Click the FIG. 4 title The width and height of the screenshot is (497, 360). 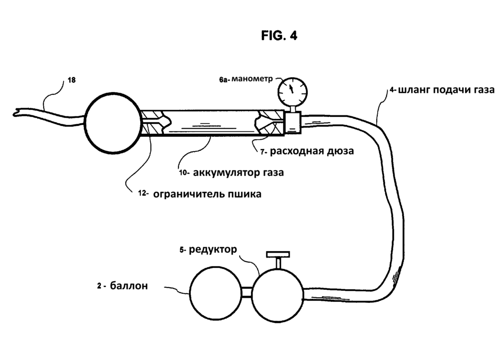pyautogui.click(x=279, y=36)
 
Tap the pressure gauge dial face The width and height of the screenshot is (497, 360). pyautogui.click(x=292, y=90)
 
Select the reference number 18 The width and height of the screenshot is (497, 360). pyautogui.click(x=72, y=80)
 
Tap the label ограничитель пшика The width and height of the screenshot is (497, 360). pyautogui.click(x=207, y=194)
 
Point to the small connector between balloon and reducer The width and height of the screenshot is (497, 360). pyautogui.click(x=247, y=291)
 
